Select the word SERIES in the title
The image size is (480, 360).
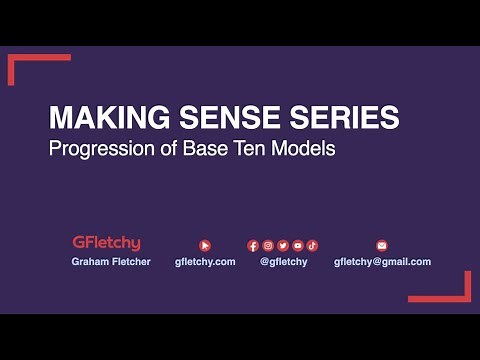click(x=343, y=118)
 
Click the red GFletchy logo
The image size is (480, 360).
click(x=106, y=243)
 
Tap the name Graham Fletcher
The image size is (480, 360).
click(x=111, y=262)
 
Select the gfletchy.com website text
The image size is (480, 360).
click(x=205, y=262)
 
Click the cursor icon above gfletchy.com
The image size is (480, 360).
click(x=205, y=245)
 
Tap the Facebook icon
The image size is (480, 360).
click(x=253, y=245)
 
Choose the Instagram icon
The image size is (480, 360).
click(x=268, y=245)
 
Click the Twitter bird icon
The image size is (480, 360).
click(x=283, y=245)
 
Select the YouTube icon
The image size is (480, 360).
click(x=298, y=245)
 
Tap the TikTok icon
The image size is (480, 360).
click(x=312, y=245)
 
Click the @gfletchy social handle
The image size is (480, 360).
click(x=283, y=262)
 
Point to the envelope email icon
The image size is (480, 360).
click(x=381, y=245)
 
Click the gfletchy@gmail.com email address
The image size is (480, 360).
click(x=382, y=262)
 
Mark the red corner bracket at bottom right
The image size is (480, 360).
click(x=457, y=292)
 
